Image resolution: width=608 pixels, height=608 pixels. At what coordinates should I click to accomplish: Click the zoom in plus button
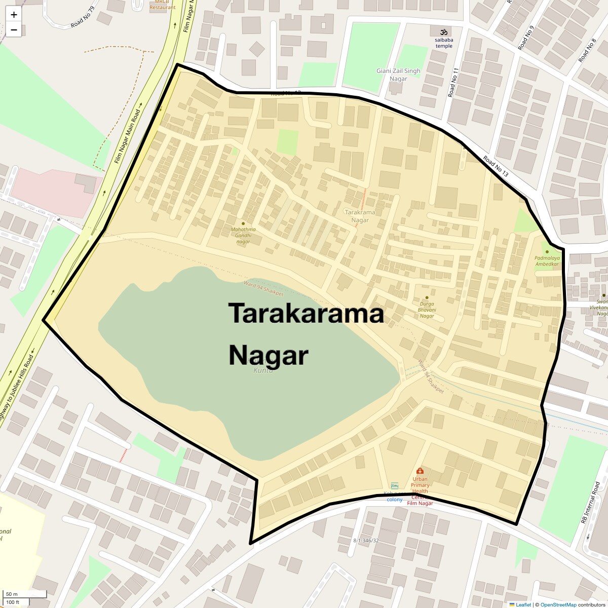point(14,15)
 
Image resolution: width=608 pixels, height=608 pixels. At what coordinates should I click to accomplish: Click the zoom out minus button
point(14,30)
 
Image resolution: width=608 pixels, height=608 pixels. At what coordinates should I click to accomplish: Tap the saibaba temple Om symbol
point(444,31)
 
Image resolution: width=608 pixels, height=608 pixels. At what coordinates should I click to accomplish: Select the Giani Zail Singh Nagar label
point(398,74)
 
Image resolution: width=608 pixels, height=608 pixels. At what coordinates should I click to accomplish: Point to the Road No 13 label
point(495,167)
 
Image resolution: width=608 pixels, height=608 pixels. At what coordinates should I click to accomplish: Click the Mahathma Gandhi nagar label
point(243,235)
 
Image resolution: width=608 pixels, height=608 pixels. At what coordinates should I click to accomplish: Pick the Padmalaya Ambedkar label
point(547,261)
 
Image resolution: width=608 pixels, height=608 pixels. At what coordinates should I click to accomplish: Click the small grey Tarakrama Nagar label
point(360,216)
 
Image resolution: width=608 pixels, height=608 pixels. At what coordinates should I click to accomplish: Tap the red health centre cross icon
point(420,471)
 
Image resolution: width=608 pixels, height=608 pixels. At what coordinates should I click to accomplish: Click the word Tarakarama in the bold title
point(306,313)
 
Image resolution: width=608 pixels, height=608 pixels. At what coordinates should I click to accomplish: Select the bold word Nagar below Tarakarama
point(268,355)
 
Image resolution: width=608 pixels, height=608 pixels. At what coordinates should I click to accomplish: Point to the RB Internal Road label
point(591,502)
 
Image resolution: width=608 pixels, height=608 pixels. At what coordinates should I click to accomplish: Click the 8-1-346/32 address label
point(366,541)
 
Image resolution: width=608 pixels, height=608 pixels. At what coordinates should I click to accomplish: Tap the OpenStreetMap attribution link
point(558,604)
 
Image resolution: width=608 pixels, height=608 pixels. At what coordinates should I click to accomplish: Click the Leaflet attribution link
point(523,604)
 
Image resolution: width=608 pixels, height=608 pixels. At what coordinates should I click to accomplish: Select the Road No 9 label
point(526,38)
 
